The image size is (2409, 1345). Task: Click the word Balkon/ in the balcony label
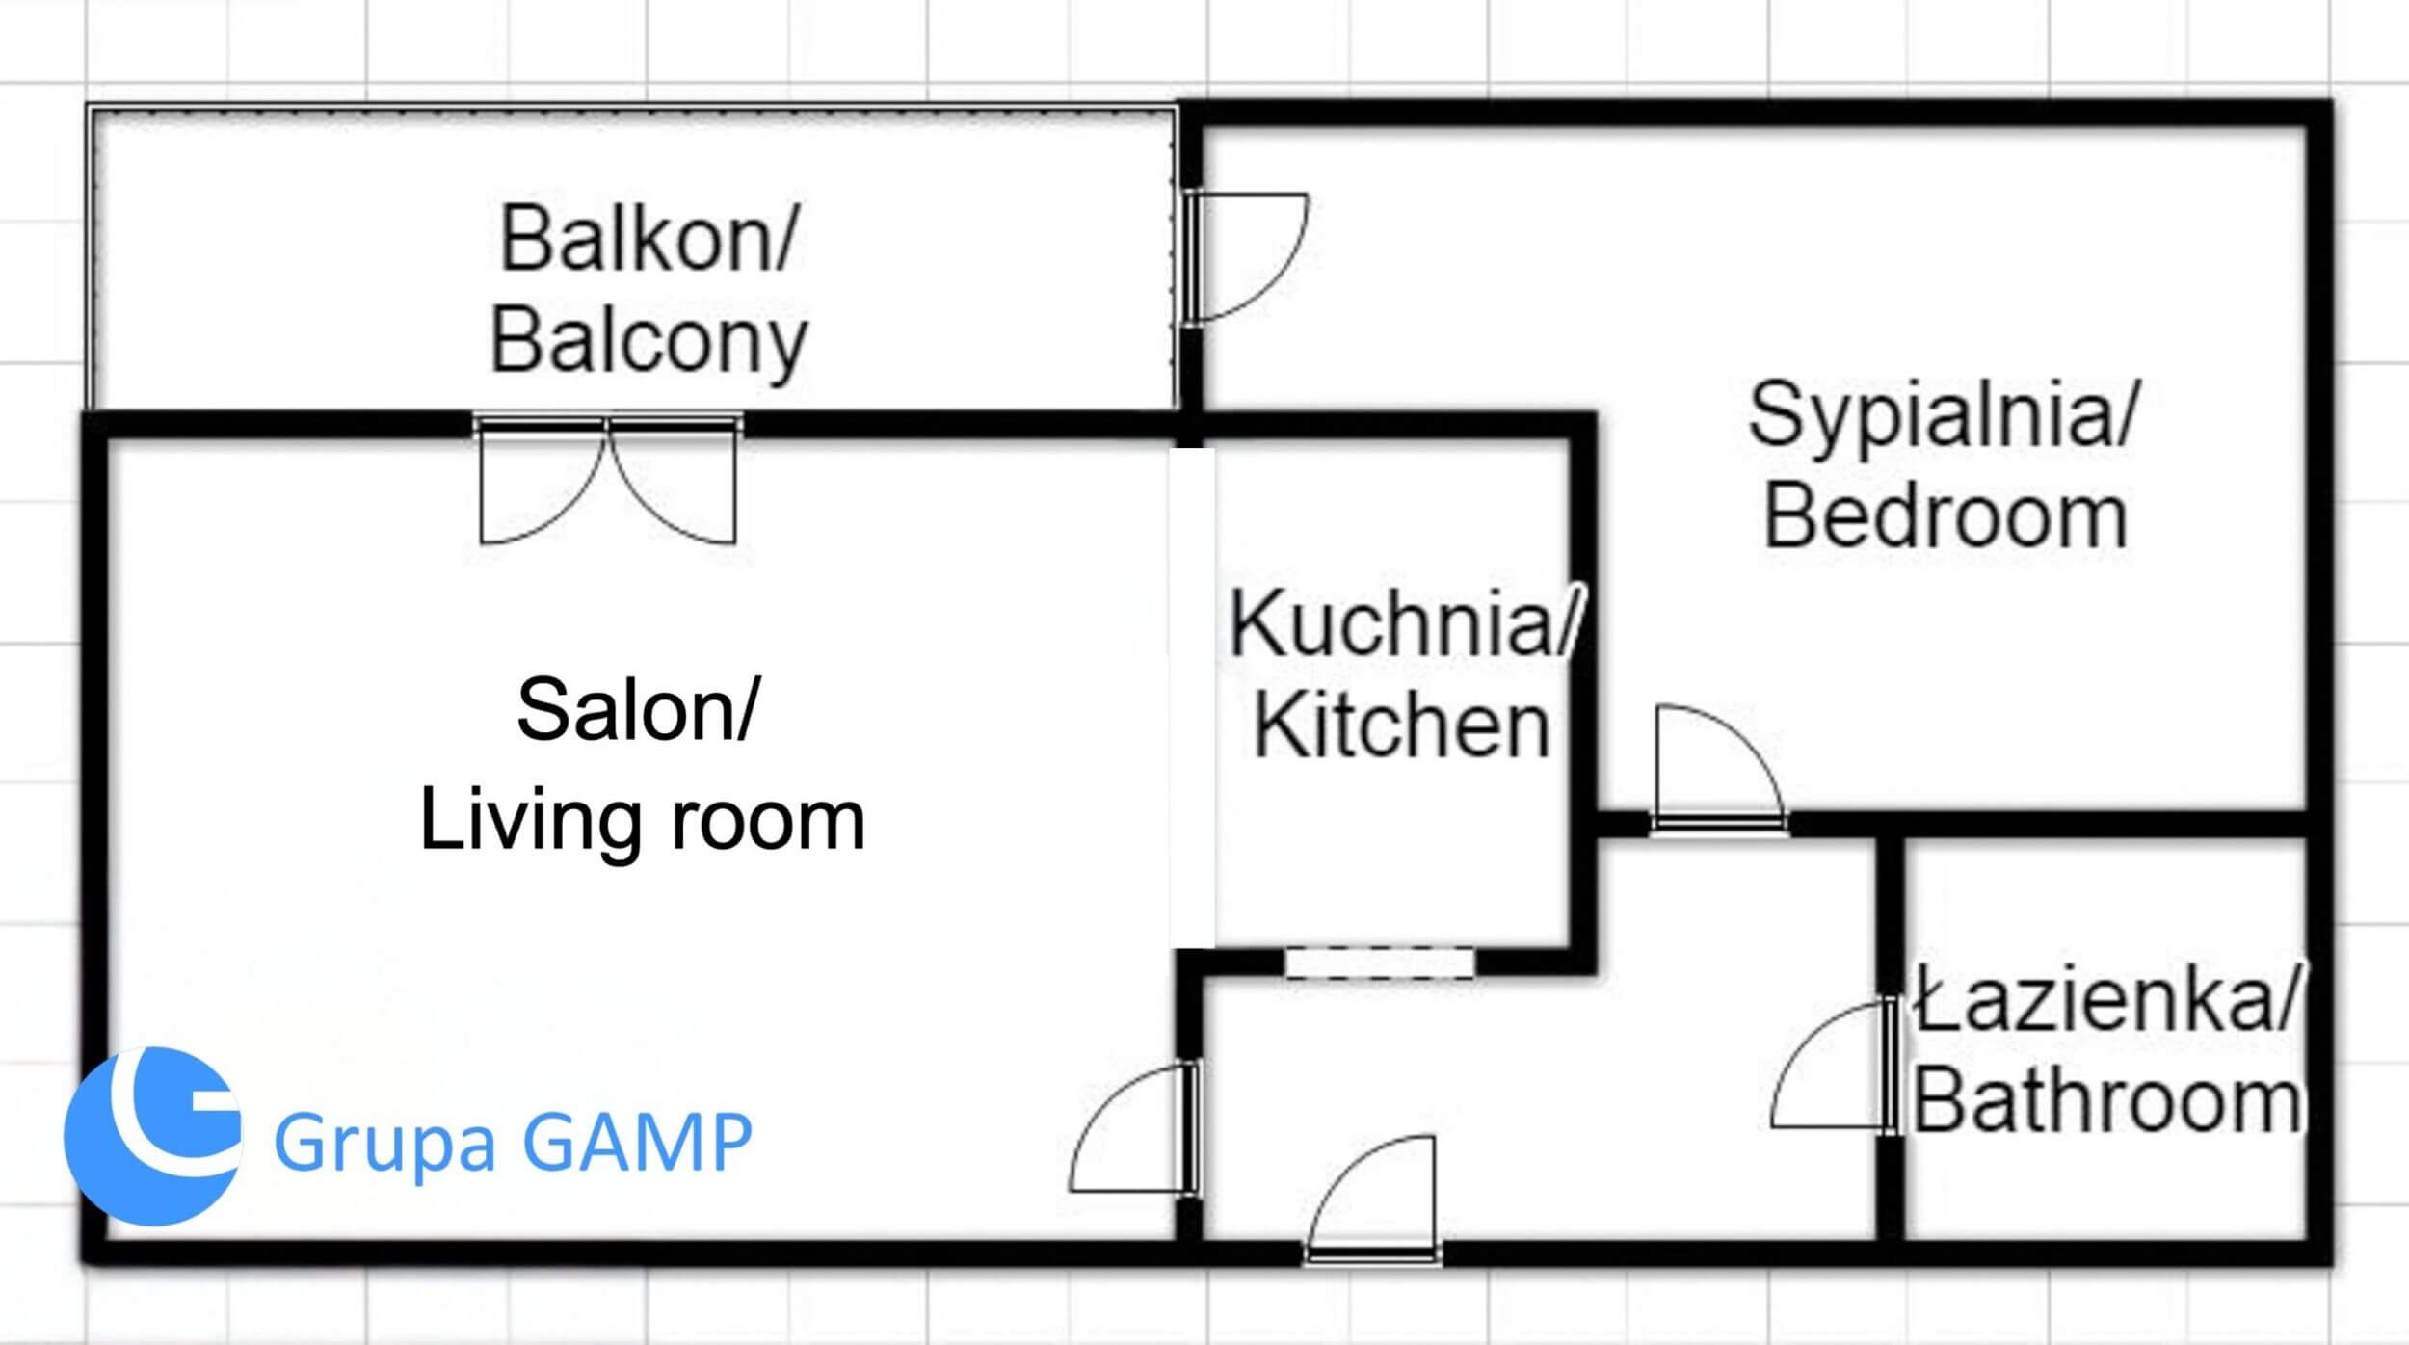click(648, 239)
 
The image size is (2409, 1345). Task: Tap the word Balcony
click(649, 342)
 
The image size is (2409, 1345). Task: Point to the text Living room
click(643, 821)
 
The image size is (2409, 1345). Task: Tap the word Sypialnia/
click(1944, 414)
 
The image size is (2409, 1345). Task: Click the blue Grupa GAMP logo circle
click(152, 1138)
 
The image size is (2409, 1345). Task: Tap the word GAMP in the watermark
click(636, 1142)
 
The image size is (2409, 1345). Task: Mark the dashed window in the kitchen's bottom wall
click(1380, 963)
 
